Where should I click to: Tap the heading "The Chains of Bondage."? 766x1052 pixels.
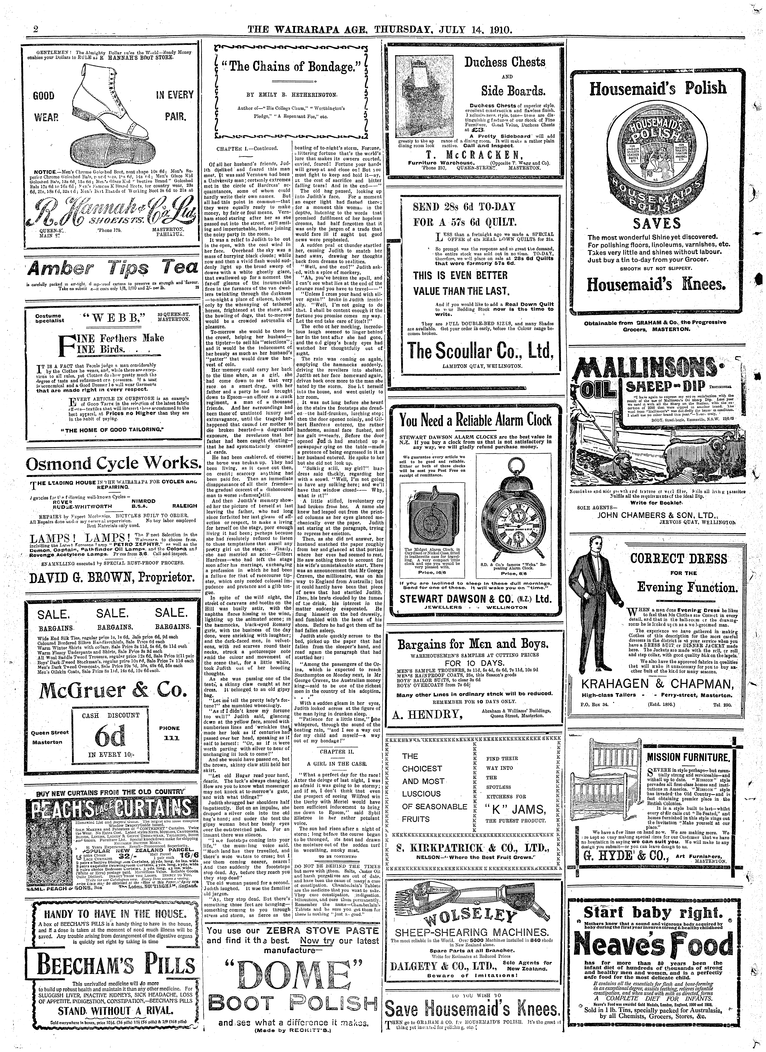[x=291, y=69]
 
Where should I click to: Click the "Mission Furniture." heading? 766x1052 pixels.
[x=688, y=758]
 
